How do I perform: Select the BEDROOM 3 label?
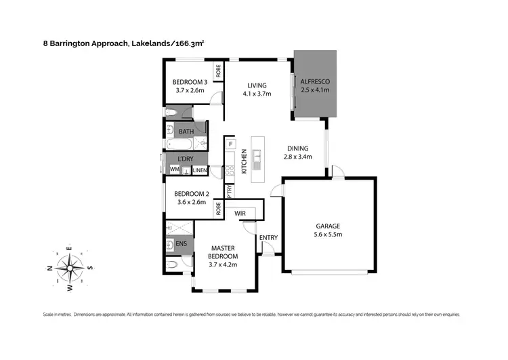click(190, 82)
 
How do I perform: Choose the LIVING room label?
click(257, 85)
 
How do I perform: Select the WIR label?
click(239, 213)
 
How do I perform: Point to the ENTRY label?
click(268, 237)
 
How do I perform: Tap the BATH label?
click(186, 132)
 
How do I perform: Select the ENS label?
click(181, 242)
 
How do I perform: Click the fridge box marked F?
click(230, 144)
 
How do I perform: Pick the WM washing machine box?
click(174, 169)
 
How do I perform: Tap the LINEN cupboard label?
click(199, 170)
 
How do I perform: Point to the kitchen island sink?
click(257, 161)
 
